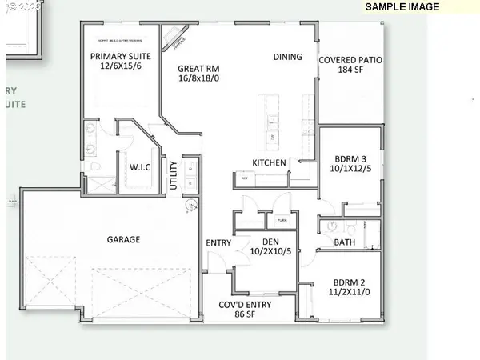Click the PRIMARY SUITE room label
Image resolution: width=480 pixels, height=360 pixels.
[x=120, y=57]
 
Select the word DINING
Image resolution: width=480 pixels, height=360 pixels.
[x=288, y=57]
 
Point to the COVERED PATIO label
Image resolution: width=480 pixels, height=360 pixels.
[x=349, y=60]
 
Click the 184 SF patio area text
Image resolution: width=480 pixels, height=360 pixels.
[x=349, y=70]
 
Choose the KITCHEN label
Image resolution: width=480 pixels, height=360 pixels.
[x=270, y=162]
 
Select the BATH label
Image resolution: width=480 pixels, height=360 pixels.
[x=345, y=242]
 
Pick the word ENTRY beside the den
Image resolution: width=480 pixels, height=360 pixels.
[x=218, y=242]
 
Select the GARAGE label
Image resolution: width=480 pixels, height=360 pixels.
[x=124, y=239]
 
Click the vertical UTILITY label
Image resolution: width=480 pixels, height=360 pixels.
[x=174, y=176]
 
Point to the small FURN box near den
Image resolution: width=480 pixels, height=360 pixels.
[x=282, y=219]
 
